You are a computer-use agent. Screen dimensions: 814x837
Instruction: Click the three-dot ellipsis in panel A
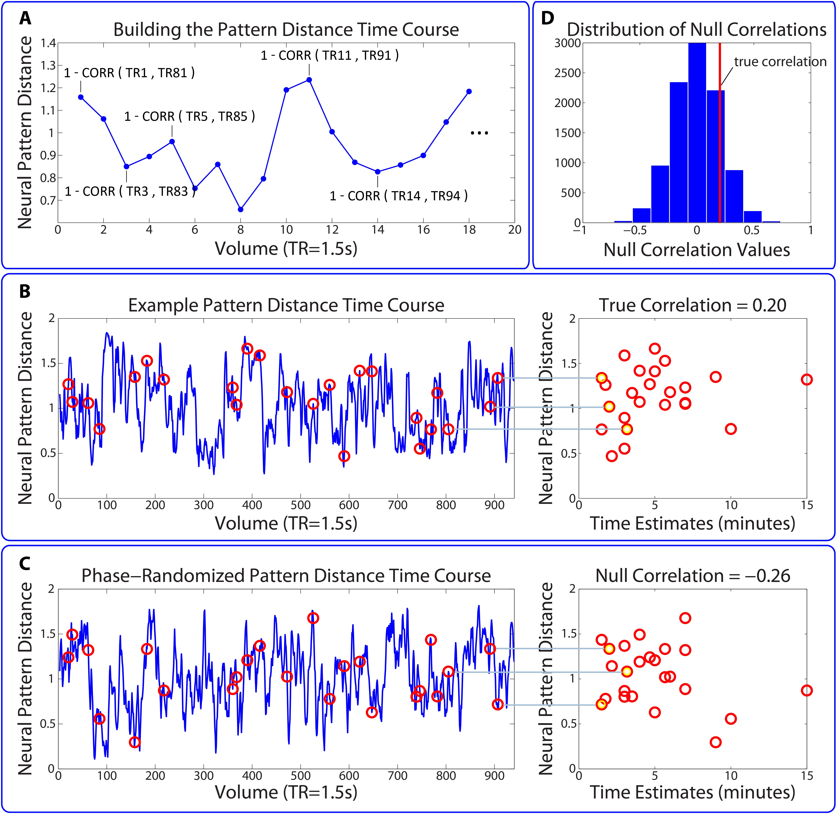(479, 133)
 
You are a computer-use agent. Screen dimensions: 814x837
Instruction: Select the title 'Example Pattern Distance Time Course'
(286, 305)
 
